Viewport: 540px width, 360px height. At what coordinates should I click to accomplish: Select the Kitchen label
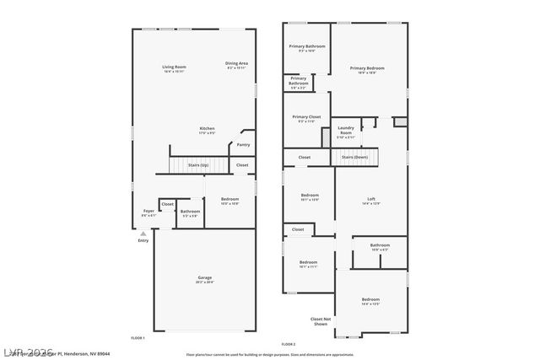tap(207, 130)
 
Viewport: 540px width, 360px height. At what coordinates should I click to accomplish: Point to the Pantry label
tap(243, 144)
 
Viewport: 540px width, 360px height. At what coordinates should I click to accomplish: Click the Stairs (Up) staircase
tap(198, 165)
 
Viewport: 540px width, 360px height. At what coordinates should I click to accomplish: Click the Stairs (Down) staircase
tap(354, 157)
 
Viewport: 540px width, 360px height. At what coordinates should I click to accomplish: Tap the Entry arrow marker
tap(143, 234)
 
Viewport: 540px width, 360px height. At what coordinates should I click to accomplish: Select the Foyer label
tap(148, 212)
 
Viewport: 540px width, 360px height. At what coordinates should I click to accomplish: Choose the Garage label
tap(205, 279)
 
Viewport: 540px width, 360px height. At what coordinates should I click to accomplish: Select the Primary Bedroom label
tap(367, 70)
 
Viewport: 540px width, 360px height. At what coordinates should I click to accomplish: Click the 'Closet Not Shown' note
tap(320, 321)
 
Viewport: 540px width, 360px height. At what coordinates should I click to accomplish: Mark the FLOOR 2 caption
tap(289, 344)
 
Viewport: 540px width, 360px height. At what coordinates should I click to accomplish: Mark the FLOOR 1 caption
tap(138, 337)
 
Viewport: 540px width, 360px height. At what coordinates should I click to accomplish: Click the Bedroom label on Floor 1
tap(229, 201)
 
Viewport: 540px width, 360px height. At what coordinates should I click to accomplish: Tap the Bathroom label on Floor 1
tap(190, 212)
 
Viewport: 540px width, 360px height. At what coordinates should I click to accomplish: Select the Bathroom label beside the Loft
tap(379, 246)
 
